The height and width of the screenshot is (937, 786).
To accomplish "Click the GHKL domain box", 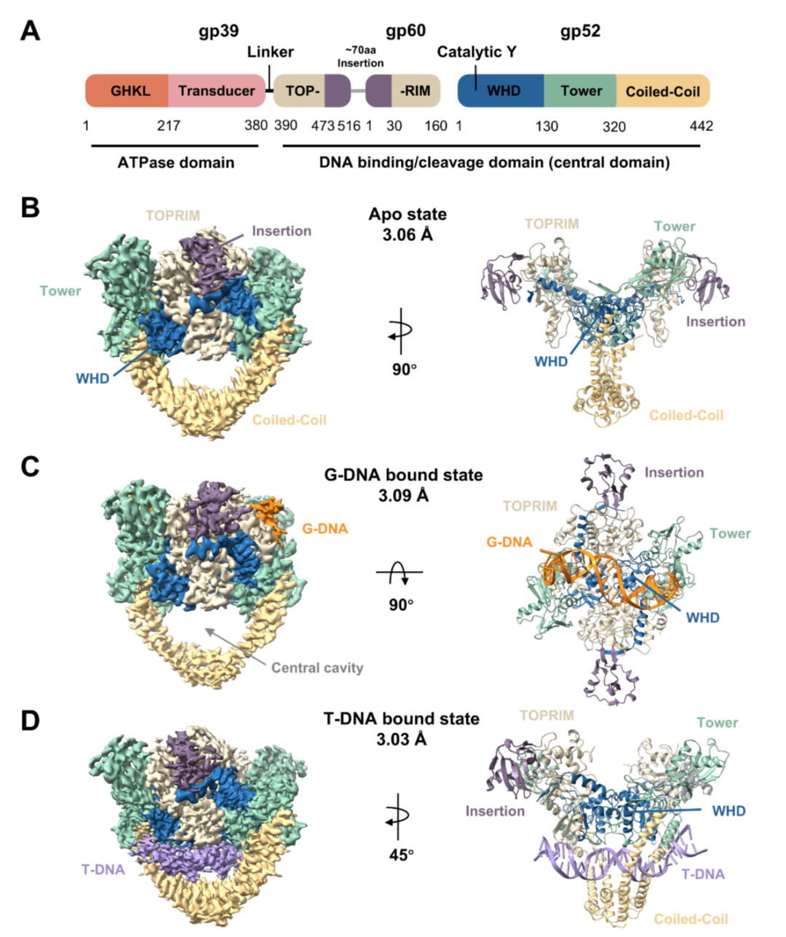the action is pos(127,91).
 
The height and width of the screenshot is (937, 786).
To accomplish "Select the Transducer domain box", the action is pos(217,91).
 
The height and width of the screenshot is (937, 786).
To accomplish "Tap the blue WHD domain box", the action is pos(501,91).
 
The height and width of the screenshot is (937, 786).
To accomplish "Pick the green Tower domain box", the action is pos(580,91).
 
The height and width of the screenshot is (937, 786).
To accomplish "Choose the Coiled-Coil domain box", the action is pos(663,91).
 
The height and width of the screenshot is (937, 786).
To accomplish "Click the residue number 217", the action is pos(169,126).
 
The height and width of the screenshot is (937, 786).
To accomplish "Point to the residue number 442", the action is pos(701,126).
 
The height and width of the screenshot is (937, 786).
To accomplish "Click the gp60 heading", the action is pos(405,31).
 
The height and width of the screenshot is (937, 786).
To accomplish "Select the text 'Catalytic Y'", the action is pos(477,52).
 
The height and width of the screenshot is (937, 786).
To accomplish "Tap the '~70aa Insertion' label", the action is pos(361,57).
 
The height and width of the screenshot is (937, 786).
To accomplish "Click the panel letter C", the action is pos(31,467).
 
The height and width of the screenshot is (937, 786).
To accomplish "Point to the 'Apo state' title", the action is pos(408,214).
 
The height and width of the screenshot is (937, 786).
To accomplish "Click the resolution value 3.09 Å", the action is pos(403,495).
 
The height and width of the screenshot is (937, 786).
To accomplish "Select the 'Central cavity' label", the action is pos(317,668).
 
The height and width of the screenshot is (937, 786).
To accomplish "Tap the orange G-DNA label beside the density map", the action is pos(325,529).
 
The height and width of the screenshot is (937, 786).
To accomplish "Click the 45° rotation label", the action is pos(402,855).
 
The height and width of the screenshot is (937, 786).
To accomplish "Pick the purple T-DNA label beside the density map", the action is pos(103,870).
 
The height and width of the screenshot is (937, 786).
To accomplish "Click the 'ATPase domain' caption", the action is pos(176,162).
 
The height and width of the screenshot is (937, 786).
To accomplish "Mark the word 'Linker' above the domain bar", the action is pos(271,52).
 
